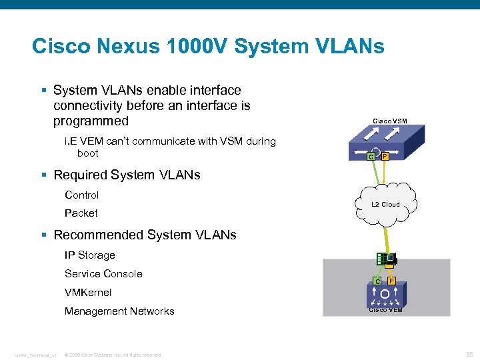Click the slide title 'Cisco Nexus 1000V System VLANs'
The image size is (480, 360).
point(208,47)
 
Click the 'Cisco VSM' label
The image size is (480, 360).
point(390,121)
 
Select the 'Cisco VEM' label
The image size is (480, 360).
point(386,309)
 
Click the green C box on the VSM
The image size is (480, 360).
point(371,157)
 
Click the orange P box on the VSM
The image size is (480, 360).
point(385,156)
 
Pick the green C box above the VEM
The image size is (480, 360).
point(377,281)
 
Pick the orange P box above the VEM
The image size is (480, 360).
point(391,281)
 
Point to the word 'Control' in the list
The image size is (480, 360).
point(81,195)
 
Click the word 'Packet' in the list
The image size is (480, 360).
point(81,213)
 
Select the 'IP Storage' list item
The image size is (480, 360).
point(89,255)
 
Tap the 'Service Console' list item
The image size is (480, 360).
point(103,274)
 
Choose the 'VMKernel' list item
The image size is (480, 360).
point(88,293)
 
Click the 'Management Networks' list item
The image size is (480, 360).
point(119,311)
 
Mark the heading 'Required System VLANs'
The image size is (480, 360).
point(127,175)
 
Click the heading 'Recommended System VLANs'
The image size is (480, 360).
point(145,235)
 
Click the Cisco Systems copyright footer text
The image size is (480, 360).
point(113,355)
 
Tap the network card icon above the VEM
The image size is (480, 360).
point(386,259)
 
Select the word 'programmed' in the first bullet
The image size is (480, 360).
point(91,121)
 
